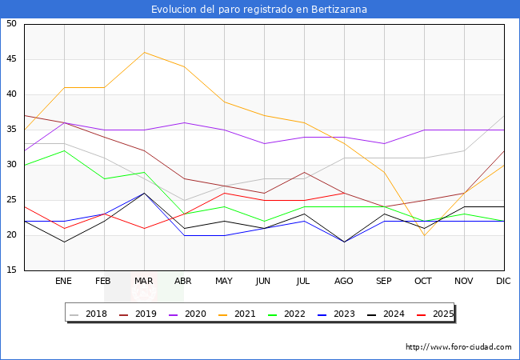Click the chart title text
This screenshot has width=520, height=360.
tap(260, 10)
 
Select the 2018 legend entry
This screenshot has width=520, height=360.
tap(90, 314)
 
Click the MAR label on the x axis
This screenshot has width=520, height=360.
tap(144, 282)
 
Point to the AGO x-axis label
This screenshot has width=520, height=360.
tap(344, 282)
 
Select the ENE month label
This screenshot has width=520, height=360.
tap(64, 282)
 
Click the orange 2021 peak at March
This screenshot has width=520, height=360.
tap(144, 53)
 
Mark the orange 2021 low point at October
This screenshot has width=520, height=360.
tap(424, 235)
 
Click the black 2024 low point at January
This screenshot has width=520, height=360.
tap(64, 242)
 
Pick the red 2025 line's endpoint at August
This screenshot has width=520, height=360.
tap(344, 193)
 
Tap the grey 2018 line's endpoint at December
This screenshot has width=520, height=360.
tap(504, 116)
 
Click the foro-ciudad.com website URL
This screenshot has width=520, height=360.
tap(458, 347)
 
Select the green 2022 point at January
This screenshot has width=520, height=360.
tap(64, 150)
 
